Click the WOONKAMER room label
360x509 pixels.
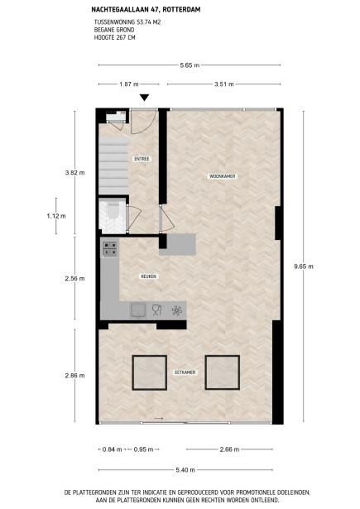coord(199,176)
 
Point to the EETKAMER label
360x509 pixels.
coord(185,373)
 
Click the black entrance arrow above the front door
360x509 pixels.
coord(145,98)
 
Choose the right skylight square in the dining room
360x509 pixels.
coord(222,372)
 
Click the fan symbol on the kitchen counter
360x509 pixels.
coord(176,310)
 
